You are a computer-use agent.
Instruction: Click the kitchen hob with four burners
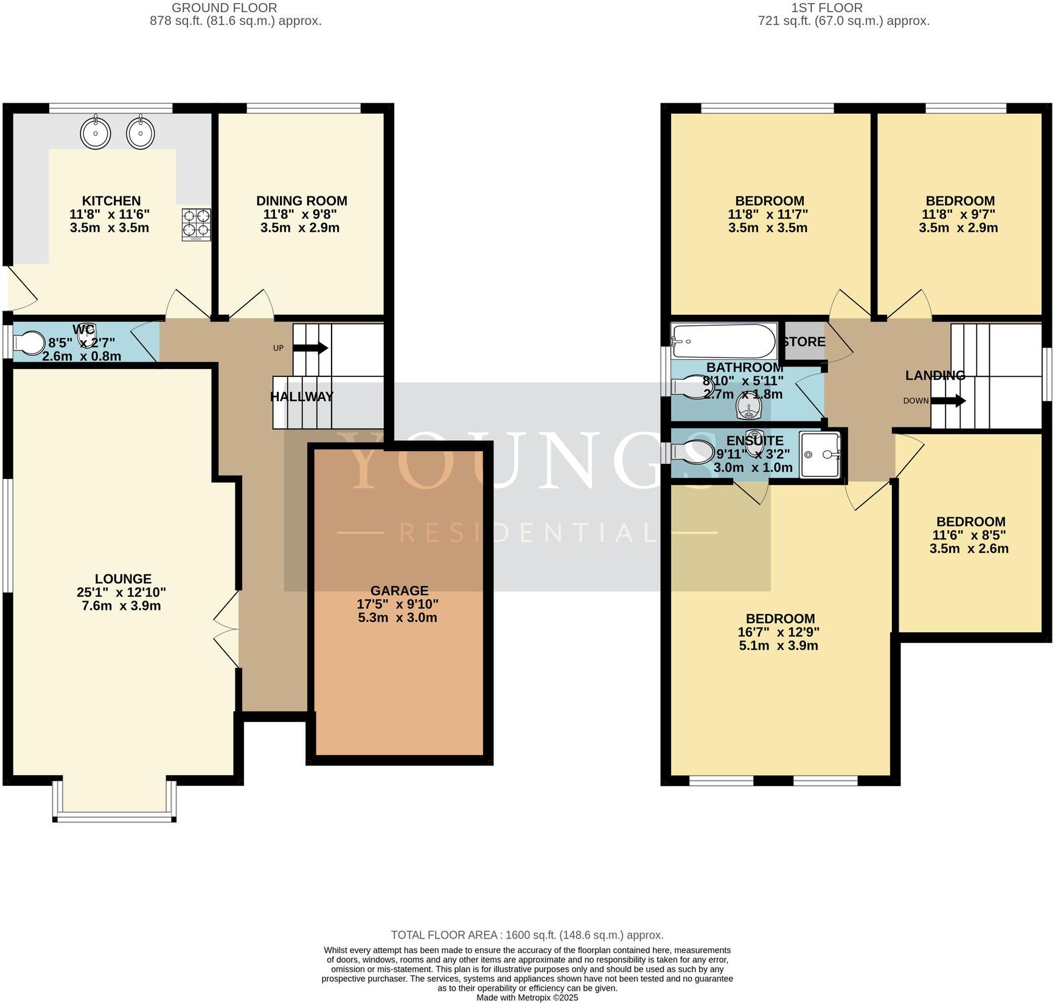tap(196, 224)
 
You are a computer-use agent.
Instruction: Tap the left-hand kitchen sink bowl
tap(96, 132)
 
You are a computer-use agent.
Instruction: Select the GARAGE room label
tap(399, 590)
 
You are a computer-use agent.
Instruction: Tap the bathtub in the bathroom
tap(723, 342)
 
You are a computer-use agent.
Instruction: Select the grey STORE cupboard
tap(803, 342)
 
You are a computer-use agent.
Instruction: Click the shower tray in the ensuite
tap(821, 454)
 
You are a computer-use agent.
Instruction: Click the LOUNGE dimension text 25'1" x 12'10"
tap(122, 592)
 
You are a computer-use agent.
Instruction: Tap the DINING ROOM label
tap(301, 201)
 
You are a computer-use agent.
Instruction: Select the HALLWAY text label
tap(302, 397)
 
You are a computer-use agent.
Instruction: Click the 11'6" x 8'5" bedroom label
tap(970, 535)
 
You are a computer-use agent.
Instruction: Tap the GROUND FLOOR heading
tap(224, 8)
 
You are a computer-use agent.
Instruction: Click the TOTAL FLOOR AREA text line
tap(527, 935)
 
